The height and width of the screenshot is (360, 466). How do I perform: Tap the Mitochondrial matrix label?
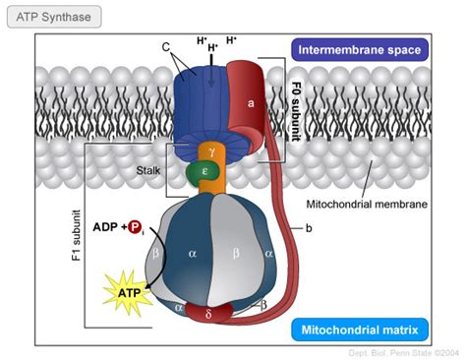click(x=361, y=330)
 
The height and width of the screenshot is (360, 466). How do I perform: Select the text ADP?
click(x=105, y=227)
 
